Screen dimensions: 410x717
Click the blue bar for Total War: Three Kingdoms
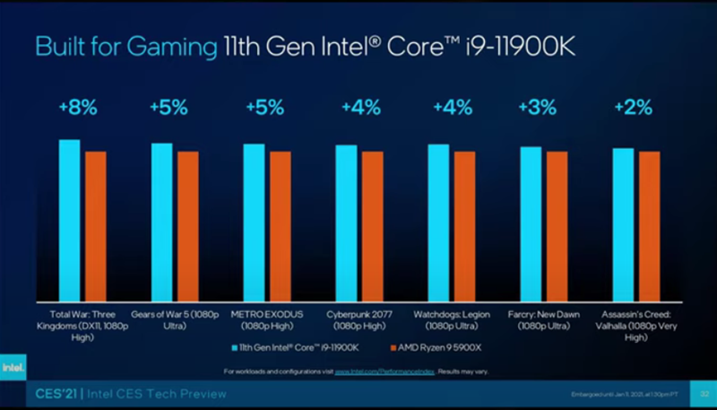tap(69, 220)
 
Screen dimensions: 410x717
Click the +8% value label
tap(77, 108)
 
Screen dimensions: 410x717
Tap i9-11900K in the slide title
tap(514, 46)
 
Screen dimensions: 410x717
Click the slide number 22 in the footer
tap(704, 394)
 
